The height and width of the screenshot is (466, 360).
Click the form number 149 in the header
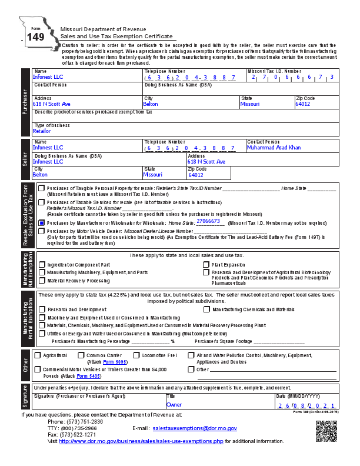click(x=35, y=37)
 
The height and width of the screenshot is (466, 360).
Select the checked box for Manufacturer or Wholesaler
click(x=41, y=223)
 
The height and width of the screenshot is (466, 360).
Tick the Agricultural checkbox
click(x=38, y=355)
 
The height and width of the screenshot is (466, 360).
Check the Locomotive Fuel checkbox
click(x=136, y=355)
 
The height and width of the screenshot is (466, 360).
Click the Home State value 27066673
click(x=208, y=221)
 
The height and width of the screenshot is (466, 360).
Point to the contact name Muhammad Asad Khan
click(x=274, y=147)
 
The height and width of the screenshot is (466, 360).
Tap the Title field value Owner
click(x=174, y=405)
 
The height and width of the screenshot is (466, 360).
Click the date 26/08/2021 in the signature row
click(x=306, y=406)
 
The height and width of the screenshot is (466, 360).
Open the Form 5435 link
click(x=88, y=375)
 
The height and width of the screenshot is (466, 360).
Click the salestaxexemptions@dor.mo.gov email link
click(x=194, y=428)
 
